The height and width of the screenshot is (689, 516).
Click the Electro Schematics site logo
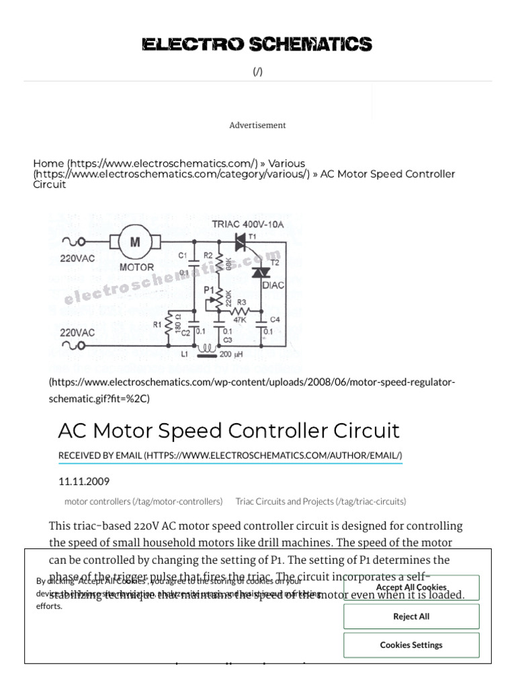click(x=257, y=45)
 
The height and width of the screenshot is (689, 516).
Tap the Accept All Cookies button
click(x=411, y=587)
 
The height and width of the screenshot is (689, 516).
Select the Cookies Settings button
click(x=411, y=645)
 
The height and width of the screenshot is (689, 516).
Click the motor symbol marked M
click(x=136, y=242)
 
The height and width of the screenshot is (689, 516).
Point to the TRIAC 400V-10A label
click(x=249, y=224)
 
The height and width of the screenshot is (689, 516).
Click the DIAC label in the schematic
click(x=272, y=285)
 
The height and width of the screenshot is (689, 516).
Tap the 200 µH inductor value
click(x=235, y=355)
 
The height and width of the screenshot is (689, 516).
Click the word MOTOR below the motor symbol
click(x=136, y=267)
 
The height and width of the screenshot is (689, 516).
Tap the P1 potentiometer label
click(x=209, y=289)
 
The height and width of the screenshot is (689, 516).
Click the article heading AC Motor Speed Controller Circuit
click(x=228, y=431)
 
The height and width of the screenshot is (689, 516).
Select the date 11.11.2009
click(x=84, y=482)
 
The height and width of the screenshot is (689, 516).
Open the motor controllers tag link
click(x=143, y=501)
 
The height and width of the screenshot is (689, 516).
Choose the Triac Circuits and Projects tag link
click(x=320, y=501)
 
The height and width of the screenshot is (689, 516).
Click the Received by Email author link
click(x=230, y=456)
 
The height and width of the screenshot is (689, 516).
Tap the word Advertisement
click(x=257, y=125)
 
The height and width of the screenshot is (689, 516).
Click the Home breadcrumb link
click(x=48, y=164)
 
